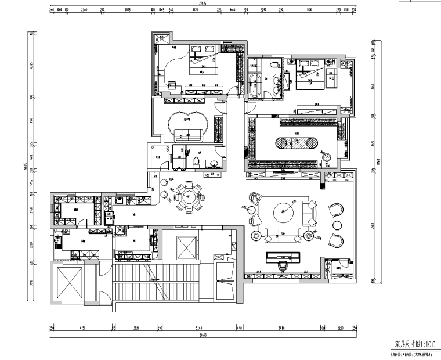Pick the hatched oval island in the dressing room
295,143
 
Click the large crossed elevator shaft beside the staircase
68,283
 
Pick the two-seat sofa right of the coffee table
311,213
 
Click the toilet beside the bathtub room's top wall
273,65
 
